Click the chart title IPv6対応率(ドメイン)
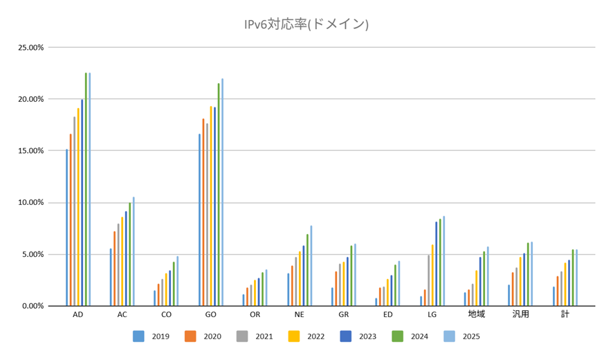(x=306, y=24)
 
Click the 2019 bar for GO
(x=199, y=219)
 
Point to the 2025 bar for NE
(x=311, y=266)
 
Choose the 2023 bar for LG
(x=436, y=264)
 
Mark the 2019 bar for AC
(x=111, y=277)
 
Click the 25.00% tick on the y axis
(x=30, y=48)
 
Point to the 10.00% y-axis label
(x=30, y=202)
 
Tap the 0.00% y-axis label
(x=32, y=305)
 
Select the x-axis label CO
(x=166, y=314)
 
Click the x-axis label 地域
(x=476, y=314)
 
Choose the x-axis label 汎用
(x=520, y=314)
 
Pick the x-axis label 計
(x=565, y=314)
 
